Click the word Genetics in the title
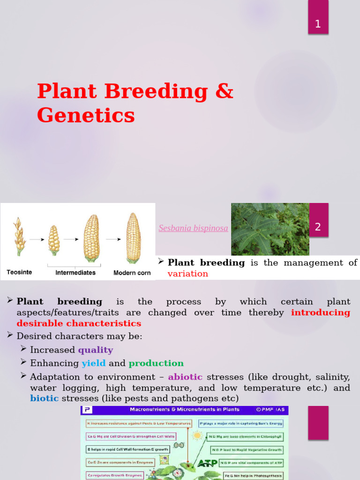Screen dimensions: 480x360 86,115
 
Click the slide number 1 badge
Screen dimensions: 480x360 318,24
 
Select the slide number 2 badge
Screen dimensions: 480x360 318,227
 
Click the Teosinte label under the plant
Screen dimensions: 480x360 19,272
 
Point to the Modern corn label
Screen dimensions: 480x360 132,272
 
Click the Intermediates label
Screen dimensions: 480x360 75,272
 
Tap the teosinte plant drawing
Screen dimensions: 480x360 19,236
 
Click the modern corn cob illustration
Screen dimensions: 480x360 133,238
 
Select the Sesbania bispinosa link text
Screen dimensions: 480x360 193,228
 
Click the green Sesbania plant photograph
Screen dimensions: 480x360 270,229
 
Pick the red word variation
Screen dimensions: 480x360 187,274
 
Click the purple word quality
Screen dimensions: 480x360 95,350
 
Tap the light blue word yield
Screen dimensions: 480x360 93,363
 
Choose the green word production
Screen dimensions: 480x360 156,363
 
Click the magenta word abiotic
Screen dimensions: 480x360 185,377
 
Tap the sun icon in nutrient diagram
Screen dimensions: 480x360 197,436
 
